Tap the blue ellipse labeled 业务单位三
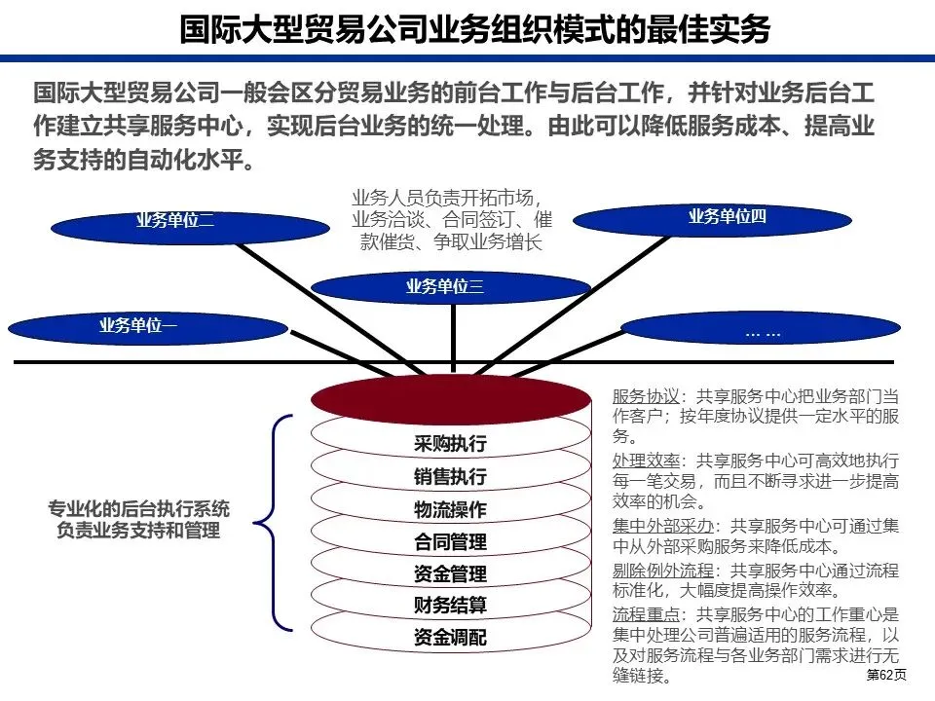[x=450, y=286]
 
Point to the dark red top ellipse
[x=451, y=398]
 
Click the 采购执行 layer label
[x=450, y=445]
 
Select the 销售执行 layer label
[x=450, y=477]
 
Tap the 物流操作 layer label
[x=450, y=509]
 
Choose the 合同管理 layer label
[x=450, y=541]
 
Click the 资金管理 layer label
[x=450, y=573]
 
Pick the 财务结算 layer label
[x=450, y=606]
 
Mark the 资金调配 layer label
[x=450, y=638]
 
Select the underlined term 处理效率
[x=645, y=460]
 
